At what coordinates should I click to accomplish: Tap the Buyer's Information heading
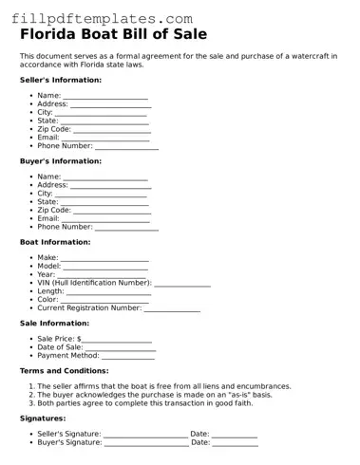(x=60, y=161)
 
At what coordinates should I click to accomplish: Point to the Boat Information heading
(x=56, y=242)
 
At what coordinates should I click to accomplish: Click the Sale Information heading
(x=54, y=324)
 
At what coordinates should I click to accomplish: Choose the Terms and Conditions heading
(x=64, y=371)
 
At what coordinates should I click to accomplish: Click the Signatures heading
(x=43, y=418)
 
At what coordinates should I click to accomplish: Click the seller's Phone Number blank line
(x=126, y=148)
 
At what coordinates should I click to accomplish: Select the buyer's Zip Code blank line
(x=111, y=212)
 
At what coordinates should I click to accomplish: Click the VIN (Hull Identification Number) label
(x=94, y=283)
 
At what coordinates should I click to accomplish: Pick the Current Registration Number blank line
(x=172, y=309)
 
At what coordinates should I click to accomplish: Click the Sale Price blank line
(x=117, y=341)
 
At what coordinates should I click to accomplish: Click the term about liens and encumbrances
(x=164, y=386)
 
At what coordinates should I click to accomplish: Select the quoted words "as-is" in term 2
(x=242, y=395)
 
